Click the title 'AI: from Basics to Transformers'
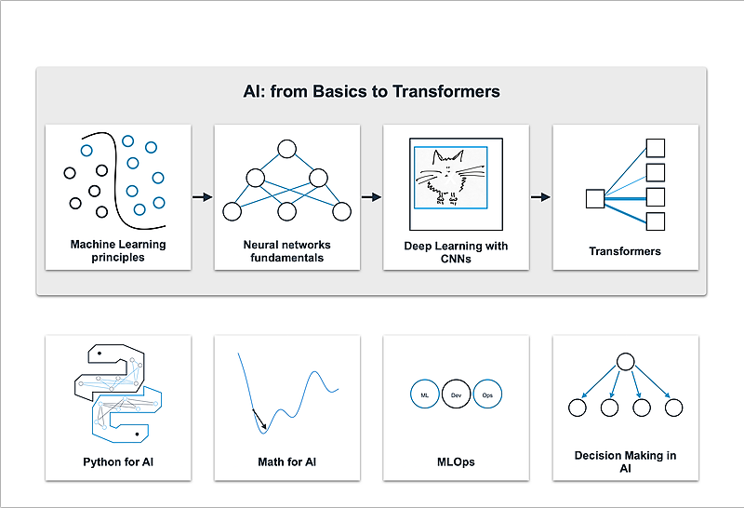point(372,91)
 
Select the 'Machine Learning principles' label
point(118,251)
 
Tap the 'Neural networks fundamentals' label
point(286,251)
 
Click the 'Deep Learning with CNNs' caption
point(456,251)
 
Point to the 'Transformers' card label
point(625,251)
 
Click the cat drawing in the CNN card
point(448,177)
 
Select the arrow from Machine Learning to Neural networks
point(202,197)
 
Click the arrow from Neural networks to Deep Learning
point(371,197)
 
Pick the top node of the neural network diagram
point(286,148)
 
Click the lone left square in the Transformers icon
point(595,198)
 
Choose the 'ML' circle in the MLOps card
point(424,395)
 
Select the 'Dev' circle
point(456,395)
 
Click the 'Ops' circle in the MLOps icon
point(487,395)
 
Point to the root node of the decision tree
point(625,362)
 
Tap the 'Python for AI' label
point(118,461)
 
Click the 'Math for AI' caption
point(286,461)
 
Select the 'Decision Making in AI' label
point(625,461)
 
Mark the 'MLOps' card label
point(456,461)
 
